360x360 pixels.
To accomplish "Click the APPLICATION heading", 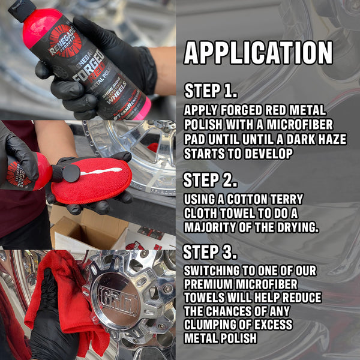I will (258, 53).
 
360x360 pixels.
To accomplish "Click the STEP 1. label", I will (211, 91).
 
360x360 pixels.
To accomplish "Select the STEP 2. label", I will (211, 180).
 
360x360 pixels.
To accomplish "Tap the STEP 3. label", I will (211, 251).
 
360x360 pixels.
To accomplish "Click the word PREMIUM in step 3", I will (209, 283).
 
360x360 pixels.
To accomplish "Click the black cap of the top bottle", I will (22, 9).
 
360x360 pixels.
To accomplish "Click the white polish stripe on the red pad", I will (99, 172).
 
